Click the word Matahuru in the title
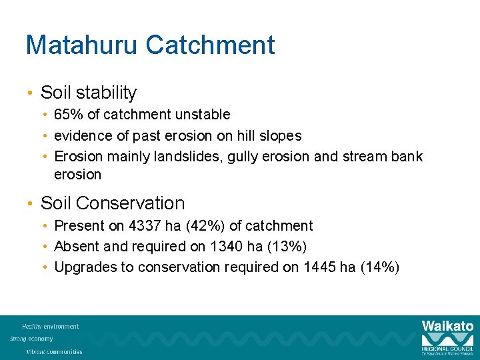click(x=82, y=45)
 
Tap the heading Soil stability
click(x=89, y=93)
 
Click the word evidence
click(x=81, y=136)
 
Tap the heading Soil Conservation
click(x=113, y=203)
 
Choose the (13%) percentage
click(x=287, y=247)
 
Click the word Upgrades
click(x=83, y=267)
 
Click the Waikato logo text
click(x=447, y=326)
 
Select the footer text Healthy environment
click(x=51, y=327)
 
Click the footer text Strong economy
click(x=31, y=339)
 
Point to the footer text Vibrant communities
click(x=55, y=351)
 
